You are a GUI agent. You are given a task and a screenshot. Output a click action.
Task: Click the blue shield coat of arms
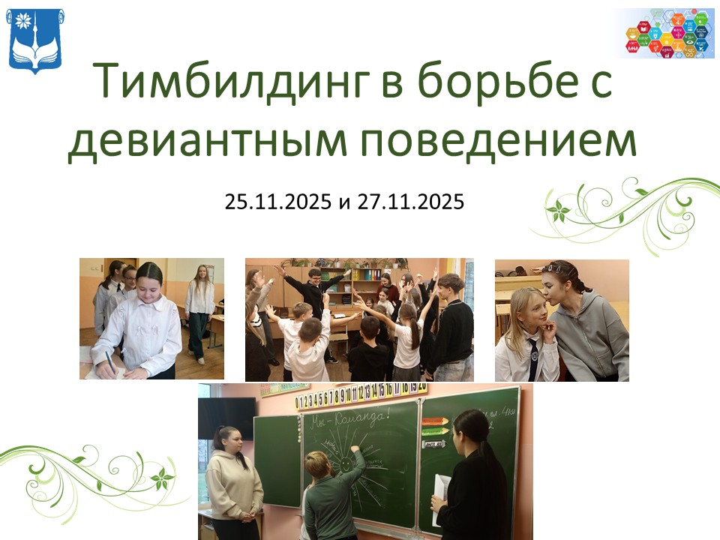coord(36,40)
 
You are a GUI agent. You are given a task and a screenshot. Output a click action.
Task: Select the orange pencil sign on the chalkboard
coord(435,421)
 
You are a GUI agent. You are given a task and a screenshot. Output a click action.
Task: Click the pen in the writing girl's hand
coord(110,362)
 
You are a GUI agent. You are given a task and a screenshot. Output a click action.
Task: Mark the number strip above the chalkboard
coord(360,391)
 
